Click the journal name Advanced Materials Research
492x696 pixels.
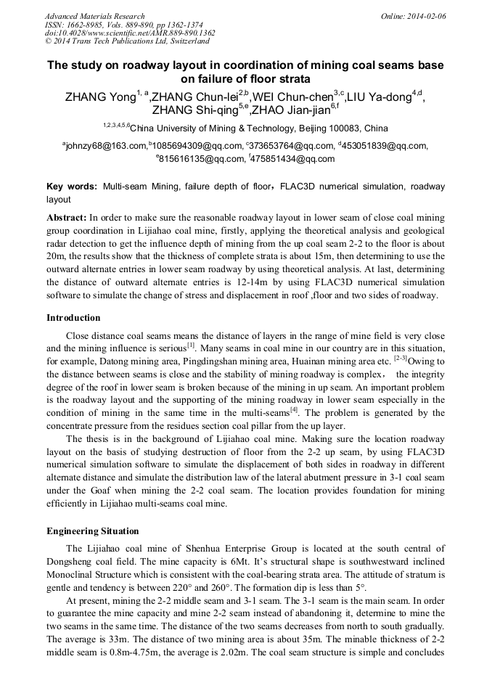pos(94,15)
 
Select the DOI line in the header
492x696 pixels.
pos(130,33)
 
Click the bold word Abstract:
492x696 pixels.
pos(66,217)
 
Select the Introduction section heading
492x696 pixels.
pos(73,317)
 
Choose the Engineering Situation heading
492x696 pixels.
pos(92,531)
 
